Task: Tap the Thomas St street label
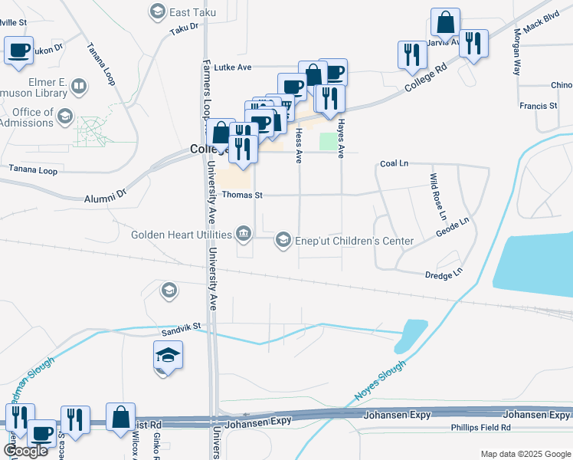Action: pyautogui.click(x=242, y=195)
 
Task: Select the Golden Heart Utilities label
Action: pyautogui.click(x=182, y=234)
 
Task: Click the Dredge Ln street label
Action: pyautogui.click(x=444, y=273)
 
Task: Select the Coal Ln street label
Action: pyautogui.click(x=395, y=164)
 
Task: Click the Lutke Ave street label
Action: pyautogui.click(x=233, y=67)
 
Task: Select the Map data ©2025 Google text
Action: pyautogui.click(x=526, y=454)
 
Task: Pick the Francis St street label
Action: pyautogui.click(x=537, y=106)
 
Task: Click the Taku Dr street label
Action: pyautogui.click(x=184, y=28)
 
